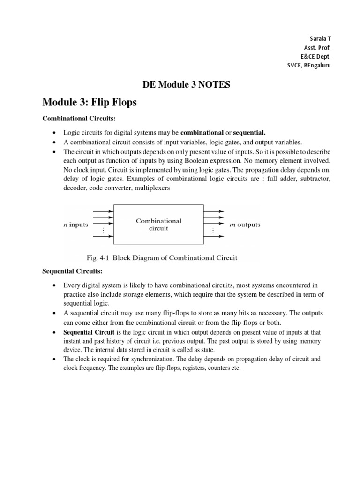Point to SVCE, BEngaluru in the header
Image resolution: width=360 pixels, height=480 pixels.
308,65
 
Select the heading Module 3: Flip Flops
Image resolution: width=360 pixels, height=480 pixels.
90,102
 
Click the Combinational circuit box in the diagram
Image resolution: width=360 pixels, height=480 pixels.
158,225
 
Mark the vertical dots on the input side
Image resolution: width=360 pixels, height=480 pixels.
103,230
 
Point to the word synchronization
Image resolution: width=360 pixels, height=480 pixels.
150,360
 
